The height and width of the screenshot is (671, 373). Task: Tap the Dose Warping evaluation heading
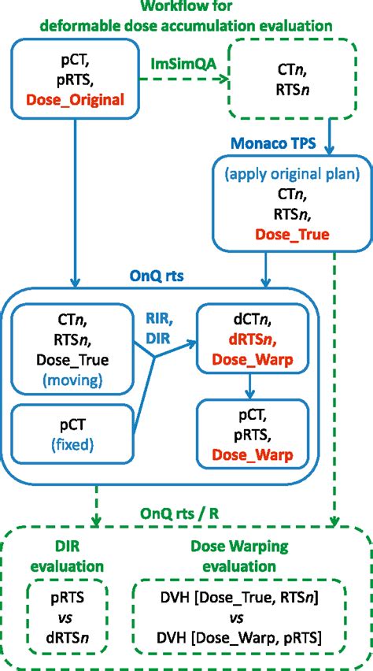pos(239,557)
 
